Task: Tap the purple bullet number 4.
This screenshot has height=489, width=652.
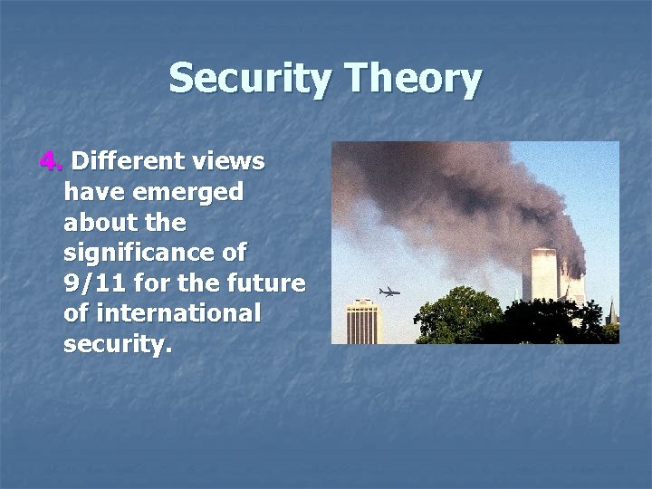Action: (51, 162)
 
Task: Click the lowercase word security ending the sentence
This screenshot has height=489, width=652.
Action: (115, 344)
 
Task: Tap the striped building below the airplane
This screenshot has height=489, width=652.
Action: (362, 322)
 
